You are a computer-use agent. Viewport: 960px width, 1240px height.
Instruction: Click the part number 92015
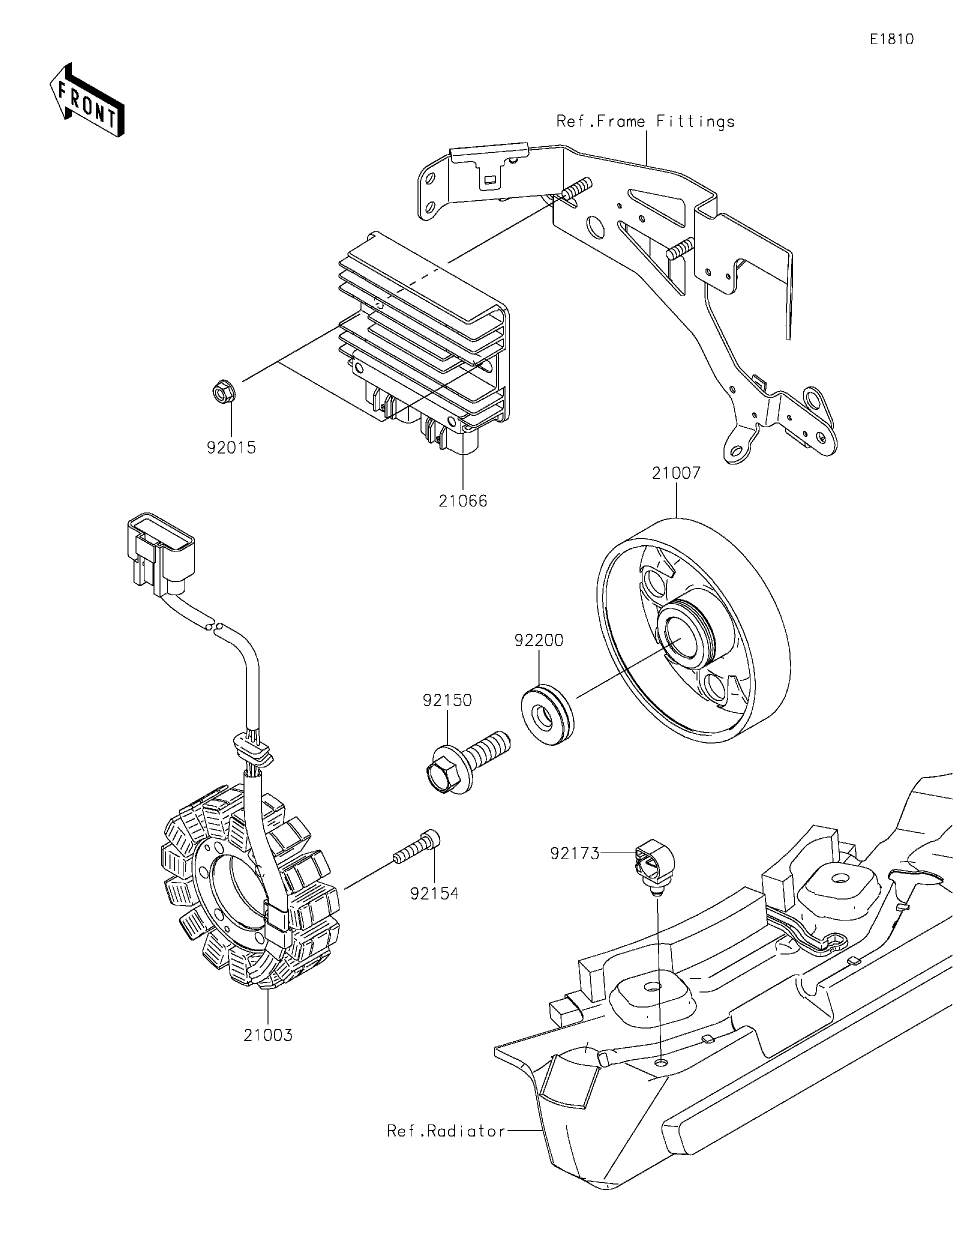click(231, 448)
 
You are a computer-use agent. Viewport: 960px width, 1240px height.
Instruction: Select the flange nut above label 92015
click(222, 392)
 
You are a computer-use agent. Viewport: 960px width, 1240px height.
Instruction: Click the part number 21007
click(676, 473)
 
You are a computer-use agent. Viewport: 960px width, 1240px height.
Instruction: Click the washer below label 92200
click(546, 716)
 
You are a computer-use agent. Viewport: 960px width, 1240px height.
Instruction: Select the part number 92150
click(447, 700)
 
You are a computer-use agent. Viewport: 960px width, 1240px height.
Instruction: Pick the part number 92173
click(574, 869)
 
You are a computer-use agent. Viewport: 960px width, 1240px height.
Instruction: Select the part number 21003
click(268, 1035)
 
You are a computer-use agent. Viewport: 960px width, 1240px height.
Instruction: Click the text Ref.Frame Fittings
click(645, 121)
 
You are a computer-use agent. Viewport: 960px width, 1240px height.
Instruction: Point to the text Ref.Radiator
click(445, 1131)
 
